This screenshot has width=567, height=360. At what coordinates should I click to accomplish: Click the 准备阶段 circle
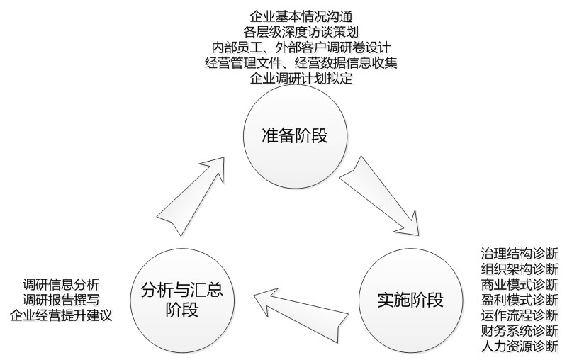295,135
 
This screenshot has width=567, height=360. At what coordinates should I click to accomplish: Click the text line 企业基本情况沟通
302,16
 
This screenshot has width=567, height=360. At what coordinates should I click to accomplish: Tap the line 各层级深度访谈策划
302,31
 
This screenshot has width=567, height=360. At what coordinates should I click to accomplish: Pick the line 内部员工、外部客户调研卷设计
302,47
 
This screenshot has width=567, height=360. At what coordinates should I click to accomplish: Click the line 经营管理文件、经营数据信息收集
302,62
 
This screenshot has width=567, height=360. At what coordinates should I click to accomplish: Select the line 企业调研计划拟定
302,78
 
